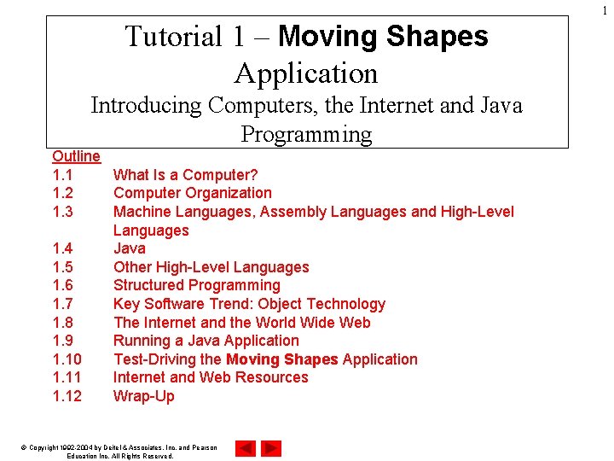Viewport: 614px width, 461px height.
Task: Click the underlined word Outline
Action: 76,156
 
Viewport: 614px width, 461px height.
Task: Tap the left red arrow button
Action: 246,448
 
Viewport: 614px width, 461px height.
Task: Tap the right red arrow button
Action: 271,448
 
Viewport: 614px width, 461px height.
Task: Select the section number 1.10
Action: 67,359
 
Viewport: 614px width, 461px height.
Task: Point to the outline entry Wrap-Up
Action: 143,396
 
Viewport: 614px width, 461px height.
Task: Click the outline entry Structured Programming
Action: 196,285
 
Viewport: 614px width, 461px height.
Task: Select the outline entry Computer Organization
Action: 192,193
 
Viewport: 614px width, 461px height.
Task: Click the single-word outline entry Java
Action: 130,248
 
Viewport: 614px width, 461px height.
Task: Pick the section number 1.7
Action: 62,304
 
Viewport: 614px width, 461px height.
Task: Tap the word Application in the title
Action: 306,73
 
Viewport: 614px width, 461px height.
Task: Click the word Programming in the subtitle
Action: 306,135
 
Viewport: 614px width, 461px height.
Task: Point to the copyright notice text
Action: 119,452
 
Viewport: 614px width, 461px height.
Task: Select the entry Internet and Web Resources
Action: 211,377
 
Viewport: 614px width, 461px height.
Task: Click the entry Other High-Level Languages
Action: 211,267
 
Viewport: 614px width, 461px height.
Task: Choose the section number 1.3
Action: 62,212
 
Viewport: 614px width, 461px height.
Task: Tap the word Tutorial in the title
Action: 173,37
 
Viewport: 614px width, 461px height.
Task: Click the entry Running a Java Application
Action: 206,341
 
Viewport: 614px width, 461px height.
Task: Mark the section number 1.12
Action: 67,396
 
